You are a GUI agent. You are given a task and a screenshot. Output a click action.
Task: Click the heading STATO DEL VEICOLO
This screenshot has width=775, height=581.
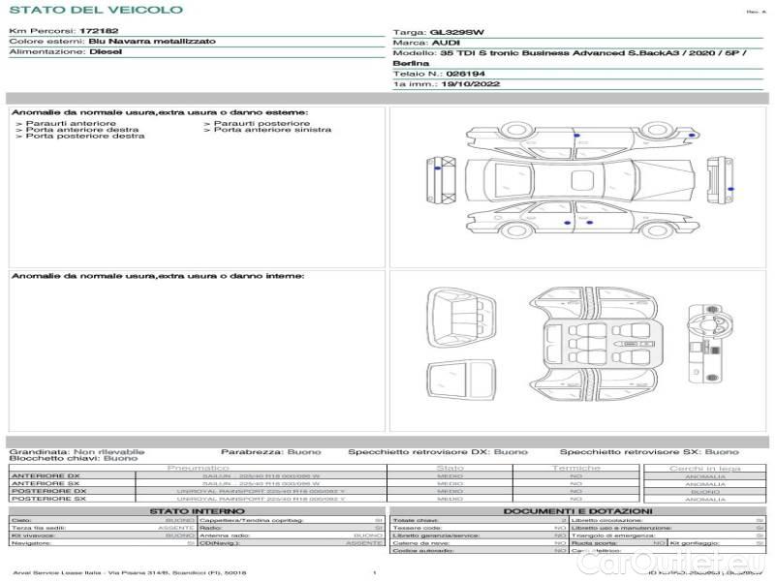pyautogui.click(x=95, y=10)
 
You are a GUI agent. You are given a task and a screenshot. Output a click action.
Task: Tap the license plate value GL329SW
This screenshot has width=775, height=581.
pyautogui.click(x=456, y=33)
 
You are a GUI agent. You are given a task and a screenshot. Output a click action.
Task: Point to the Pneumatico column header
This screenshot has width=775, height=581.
pyautogui.click(x=198, y=468)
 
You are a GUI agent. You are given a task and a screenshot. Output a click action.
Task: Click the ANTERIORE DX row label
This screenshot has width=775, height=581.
pyautogui.click(x=46, y=475)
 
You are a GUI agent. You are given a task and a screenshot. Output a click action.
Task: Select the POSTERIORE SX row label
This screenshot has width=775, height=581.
pyautogui.click(x=47, y=499)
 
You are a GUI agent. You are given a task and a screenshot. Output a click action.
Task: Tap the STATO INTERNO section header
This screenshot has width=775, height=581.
pyautogui.click(x=198, y=510)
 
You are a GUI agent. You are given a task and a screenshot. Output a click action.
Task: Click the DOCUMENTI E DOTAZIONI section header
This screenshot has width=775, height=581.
pyautogui.click(x=577, y=510)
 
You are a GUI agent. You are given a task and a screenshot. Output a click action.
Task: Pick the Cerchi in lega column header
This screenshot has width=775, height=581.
pyautogui.click(x=704, y=468)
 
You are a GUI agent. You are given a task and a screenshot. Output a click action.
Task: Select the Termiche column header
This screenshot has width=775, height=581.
pyautogui.click(x=575, y=468)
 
